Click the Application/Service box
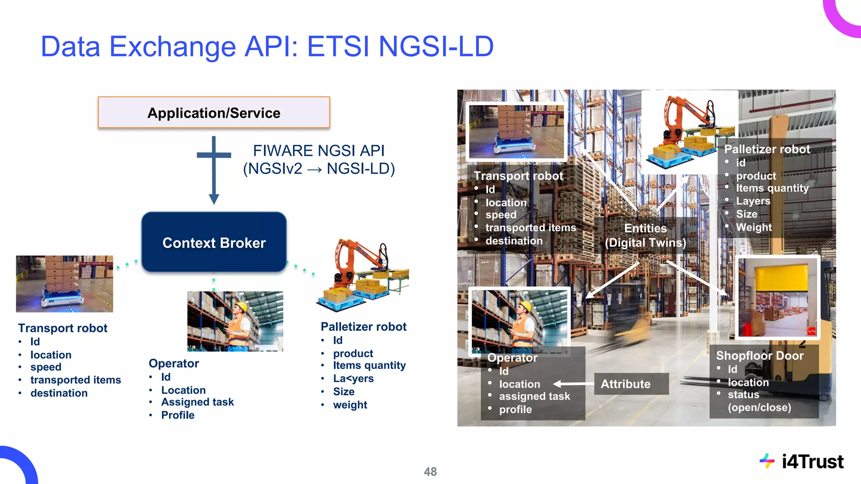(214, 113)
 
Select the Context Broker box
(214, 242)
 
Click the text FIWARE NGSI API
(319, 150)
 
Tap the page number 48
(430, 471)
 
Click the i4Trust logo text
(812, 461)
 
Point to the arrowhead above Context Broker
(214, 199)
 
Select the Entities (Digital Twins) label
(645, 235)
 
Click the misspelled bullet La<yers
(353, 378)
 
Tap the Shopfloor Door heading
(759, 355)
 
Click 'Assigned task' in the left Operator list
(197, 402)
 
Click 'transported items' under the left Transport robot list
(75, 380)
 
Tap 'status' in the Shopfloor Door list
(743, 395)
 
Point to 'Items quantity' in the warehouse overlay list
(772, 188)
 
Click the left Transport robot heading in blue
(63, 328)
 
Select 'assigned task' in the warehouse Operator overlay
(534, 396)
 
